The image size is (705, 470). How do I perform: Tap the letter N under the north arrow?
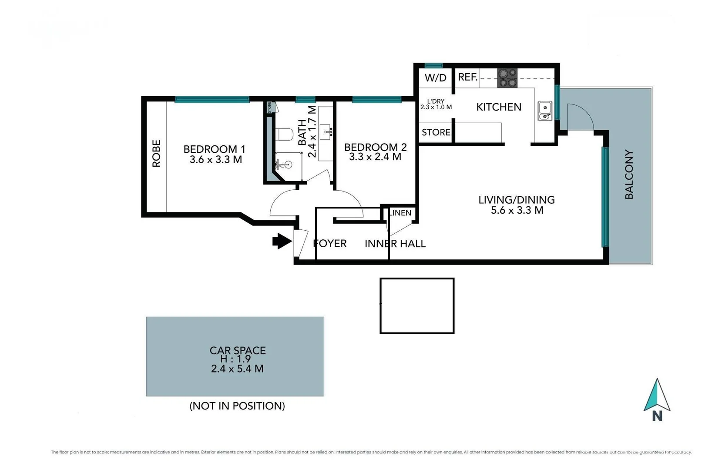click(657, 416)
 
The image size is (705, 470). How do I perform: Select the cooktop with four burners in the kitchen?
click(507, 78)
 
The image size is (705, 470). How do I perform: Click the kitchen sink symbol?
click(545, 111)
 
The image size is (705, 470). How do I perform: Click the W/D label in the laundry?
click(436, 78)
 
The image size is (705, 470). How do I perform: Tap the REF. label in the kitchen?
click(468, 77)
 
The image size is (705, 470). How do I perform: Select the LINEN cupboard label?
click(400, 213)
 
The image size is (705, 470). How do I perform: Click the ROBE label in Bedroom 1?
click(156, 153)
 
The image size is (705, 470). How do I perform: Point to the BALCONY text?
click(629, 175)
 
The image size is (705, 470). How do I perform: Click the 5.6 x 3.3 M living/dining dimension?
click(517, 211)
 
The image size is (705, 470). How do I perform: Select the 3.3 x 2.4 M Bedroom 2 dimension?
click(375, 157)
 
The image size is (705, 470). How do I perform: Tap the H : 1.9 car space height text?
click(235, 359)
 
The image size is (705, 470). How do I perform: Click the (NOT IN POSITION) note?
click(237, 406)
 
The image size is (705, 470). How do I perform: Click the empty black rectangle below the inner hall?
click(417, 306)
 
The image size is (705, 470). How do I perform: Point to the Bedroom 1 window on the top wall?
click(212, 100)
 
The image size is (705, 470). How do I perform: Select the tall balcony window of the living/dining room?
click(605, 197)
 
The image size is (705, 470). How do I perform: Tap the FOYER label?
click(330, 243)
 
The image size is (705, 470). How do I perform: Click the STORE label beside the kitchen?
click(436, 132)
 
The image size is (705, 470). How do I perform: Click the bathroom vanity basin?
click(326, 130)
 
